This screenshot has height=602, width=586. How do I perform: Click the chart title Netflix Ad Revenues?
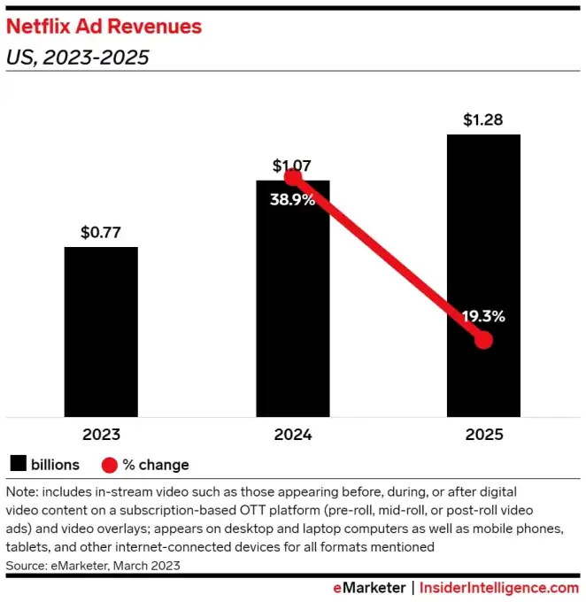pos(104,27)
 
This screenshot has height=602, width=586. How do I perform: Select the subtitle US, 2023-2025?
pos(77,59)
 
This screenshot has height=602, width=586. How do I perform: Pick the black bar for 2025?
pos(483,221)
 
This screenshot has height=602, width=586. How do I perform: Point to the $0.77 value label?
pos(101,233)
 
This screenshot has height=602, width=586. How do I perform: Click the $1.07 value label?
pos(292,165)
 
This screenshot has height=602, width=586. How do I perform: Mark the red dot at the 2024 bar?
pos(294,178)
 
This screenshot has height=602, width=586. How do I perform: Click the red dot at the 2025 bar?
pos(483,340)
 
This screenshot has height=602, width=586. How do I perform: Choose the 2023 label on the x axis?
pos(101,435)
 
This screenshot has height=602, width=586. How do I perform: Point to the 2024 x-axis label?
pos(292,435)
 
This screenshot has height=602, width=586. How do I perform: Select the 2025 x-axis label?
pos(483,435)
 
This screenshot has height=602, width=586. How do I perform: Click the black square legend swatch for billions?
pos(18,464)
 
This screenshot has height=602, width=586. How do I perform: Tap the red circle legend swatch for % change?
pos(109,465)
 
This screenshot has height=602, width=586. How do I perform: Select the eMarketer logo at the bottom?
pos(368,587)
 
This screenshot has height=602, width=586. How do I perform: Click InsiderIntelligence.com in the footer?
pos(499,587)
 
